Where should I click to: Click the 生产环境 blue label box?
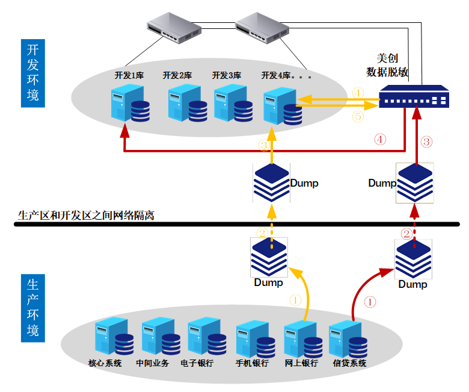coord(33,308)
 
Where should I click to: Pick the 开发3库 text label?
coord(226,76)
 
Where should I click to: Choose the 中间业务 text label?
coord(152,364)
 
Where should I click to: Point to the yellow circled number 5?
coord(358,117)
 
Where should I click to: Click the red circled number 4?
coord(381,138)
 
